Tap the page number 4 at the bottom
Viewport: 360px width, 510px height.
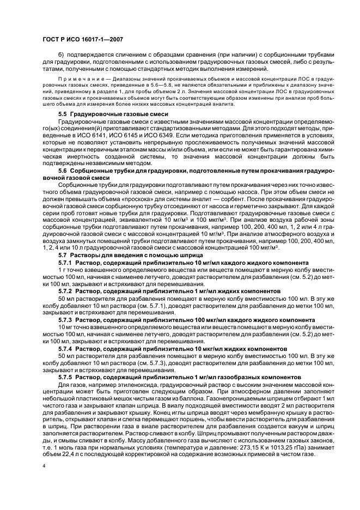tap(44, 466)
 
